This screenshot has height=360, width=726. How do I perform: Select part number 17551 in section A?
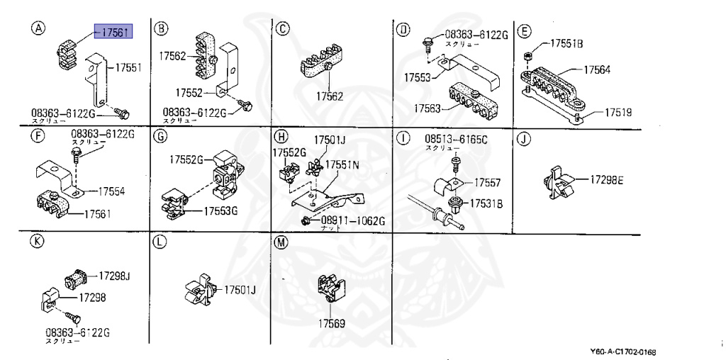tap(128, 68)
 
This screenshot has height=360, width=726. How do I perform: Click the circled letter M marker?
tap(281, 242)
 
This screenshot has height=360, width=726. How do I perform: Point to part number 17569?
tap(330, 324)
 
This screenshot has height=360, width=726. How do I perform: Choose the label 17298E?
tap(606, 181)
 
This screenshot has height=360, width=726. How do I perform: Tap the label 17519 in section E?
tap(618, 113)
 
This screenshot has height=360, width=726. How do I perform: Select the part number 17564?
tap(597, 69)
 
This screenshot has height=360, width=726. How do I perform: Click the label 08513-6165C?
tap(456, 139)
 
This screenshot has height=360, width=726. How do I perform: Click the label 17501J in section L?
tap(240, 290)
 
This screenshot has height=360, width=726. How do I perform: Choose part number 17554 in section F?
tap(111, 191)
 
